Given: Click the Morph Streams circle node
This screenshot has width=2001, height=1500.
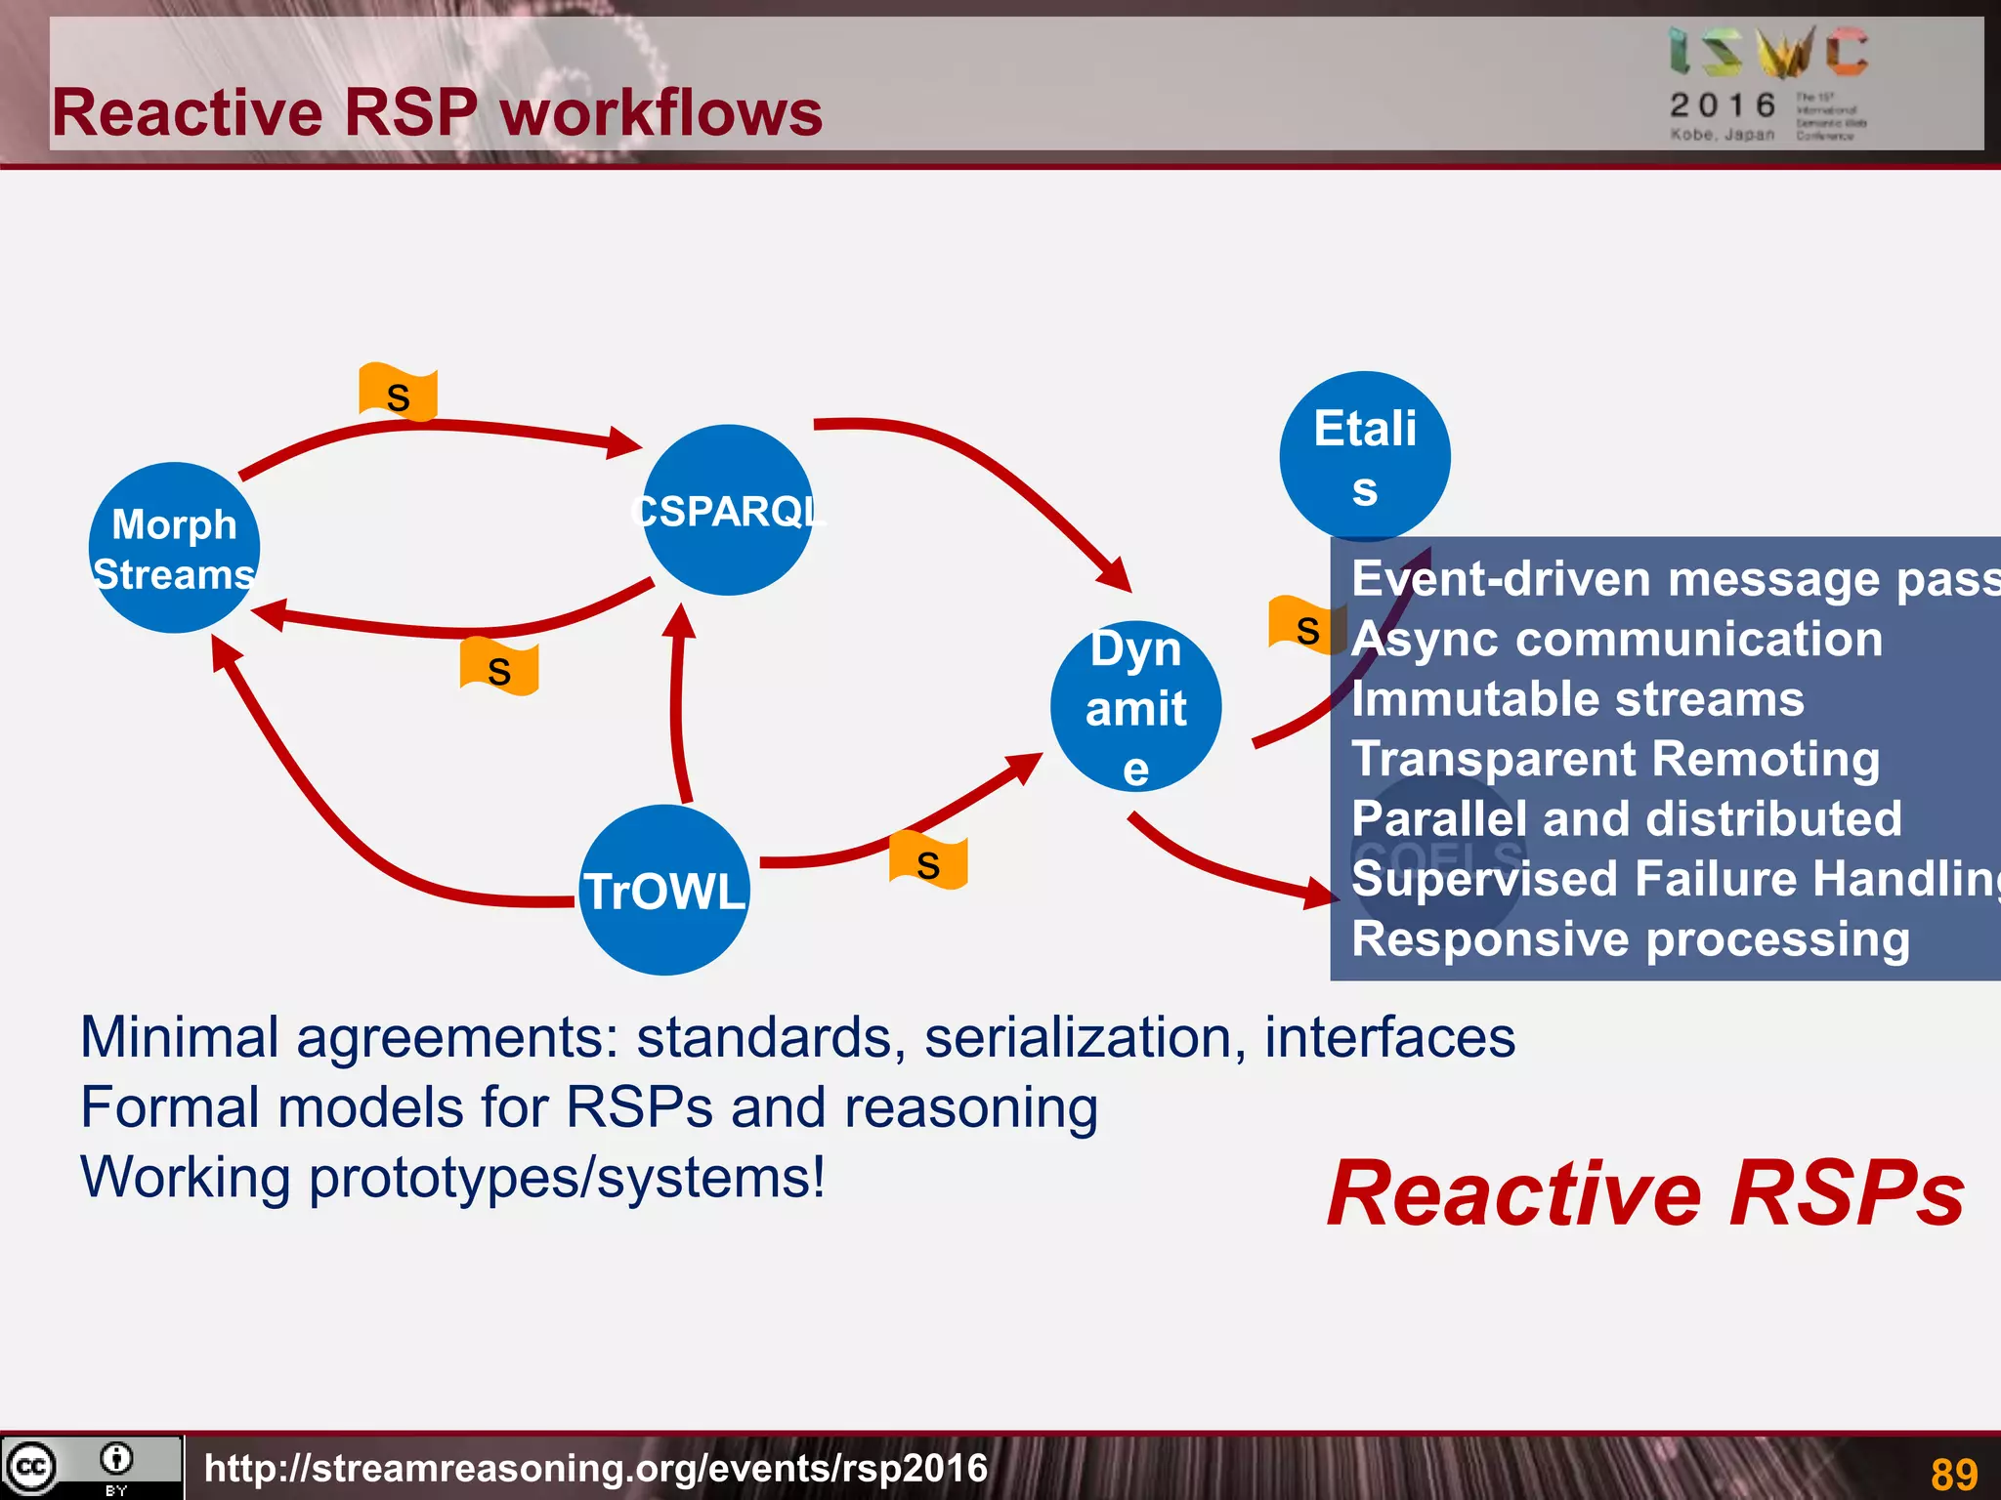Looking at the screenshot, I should (x=174, y=548).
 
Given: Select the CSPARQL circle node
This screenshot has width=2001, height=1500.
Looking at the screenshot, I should (x=728, y=510).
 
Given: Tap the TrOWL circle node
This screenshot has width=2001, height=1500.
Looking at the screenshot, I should (x=664, y=890).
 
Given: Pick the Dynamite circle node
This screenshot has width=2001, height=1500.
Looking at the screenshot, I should (x=1135, y=706).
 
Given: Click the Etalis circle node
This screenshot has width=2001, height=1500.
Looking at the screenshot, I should (x=1364, y=455).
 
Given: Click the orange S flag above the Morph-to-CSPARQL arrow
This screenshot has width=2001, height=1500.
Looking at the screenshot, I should (x=398, y=394).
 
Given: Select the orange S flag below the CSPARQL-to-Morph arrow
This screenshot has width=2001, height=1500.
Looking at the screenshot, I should (x=499, y=668).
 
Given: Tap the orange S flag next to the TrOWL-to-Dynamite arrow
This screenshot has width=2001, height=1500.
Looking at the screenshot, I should (x=928, y=861).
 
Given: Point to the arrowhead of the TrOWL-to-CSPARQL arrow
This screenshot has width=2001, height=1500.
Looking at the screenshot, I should (x=680, y=621).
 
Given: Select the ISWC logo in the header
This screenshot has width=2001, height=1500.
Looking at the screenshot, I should (x=1768, y=53).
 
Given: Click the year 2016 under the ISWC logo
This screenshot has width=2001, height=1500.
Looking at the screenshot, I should (x=1723, y=104).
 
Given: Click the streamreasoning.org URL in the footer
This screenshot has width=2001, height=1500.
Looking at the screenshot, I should (x=596, y=1468).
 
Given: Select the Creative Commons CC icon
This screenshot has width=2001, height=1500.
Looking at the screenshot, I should (x=31, y=1466).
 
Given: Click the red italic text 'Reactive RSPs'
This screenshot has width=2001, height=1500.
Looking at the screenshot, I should (x=1645, y=1193).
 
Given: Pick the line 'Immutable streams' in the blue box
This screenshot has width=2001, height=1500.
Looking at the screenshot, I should (x=1577, y=699).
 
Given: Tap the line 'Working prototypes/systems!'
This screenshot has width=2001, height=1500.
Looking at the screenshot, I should (x=452, y=1177).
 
